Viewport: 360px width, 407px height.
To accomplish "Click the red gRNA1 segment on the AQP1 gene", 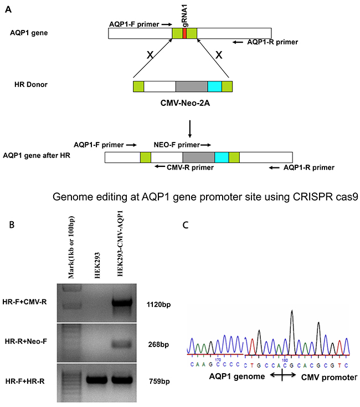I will point(184,33).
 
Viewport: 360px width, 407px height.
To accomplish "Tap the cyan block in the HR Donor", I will point(214,86).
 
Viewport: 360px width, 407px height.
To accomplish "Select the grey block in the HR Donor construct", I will point(191,86).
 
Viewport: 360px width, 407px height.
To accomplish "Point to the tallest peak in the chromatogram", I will point(292,314).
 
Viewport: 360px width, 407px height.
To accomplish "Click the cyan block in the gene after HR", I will point(222,157).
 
